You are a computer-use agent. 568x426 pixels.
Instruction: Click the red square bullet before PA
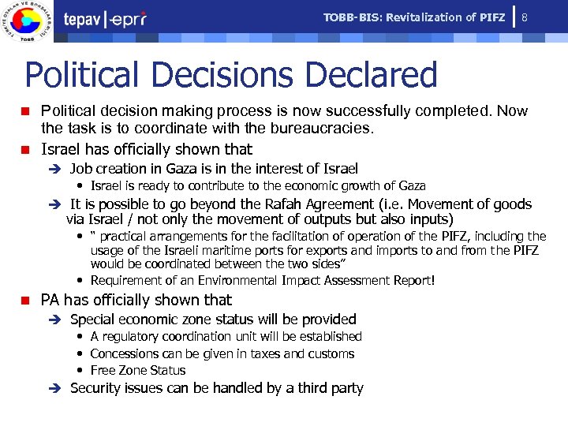(25, 301)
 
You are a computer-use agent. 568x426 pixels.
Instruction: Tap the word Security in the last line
(96, 388)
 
